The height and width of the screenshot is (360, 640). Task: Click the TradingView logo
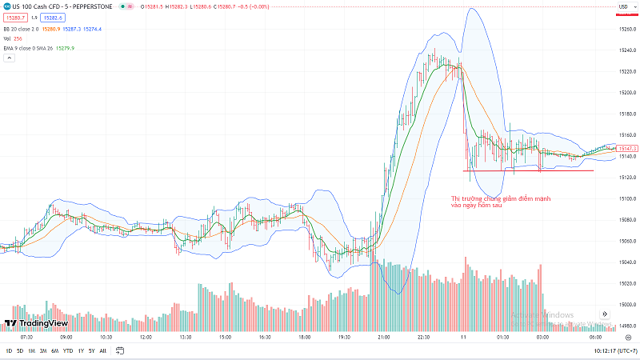[x=38, y=323]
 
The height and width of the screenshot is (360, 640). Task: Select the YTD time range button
[x=67, y=351]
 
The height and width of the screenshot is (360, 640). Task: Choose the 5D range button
[x=20, y=351]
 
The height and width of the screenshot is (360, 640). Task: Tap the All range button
[x=103, y=351]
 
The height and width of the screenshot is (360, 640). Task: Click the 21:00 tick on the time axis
[x=384, y=338]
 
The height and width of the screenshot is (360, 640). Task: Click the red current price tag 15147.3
[x=626, y=148]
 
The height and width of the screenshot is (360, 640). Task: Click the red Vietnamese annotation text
[x=501, y=202]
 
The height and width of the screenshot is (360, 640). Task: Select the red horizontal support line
[x=528, y=170]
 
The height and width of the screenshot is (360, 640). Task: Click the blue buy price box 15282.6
[x=52, y=18]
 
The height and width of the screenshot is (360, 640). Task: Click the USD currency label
[x=622, y=7]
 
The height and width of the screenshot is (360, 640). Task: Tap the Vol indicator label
[x=7, y=38]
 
